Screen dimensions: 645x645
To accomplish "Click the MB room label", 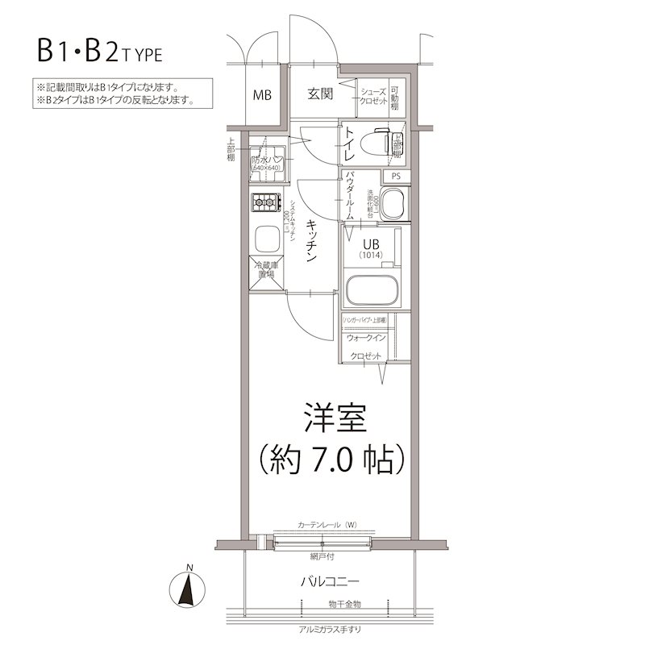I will [x=262, y=94].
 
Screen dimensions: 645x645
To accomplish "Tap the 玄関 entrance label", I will [x=320, y=94].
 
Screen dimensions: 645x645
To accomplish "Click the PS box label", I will [x=396, y=177].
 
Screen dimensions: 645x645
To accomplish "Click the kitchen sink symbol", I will [x=265, y=239].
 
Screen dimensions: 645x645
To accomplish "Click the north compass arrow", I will [x=188, y=588].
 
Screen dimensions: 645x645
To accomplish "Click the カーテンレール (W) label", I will [x=327, y=526].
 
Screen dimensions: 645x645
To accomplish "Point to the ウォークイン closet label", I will [x=367, y=338].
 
